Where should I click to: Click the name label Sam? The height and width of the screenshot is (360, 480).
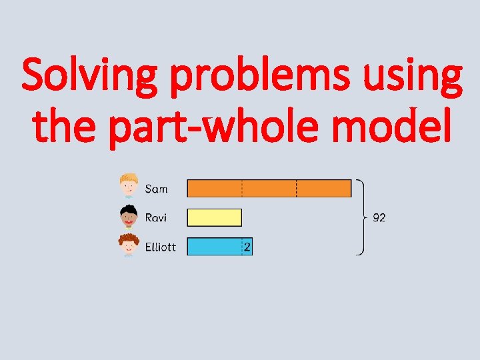157,189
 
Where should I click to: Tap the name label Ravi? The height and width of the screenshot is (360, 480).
156,217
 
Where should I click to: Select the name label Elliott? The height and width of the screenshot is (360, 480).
161,247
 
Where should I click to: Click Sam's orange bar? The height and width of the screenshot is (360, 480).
269,188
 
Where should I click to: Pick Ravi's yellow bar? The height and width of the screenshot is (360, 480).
214,217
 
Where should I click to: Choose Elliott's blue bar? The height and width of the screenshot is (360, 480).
214,247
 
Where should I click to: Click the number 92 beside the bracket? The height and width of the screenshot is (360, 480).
379,217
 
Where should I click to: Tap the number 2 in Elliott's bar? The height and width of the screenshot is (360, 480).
247,247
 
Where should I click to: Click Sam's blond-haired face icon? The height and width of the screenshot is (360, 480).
129,185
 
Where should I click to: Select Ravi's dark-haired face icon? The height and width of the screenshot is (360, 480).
129,216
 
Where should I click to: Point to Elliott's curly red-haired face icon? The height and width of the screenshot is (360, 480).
129,245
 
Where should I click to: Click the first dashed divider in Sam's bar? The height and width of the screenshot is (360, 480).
242,188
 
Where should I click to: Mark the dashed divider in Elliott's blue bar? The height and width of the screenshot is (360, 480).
242,247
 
